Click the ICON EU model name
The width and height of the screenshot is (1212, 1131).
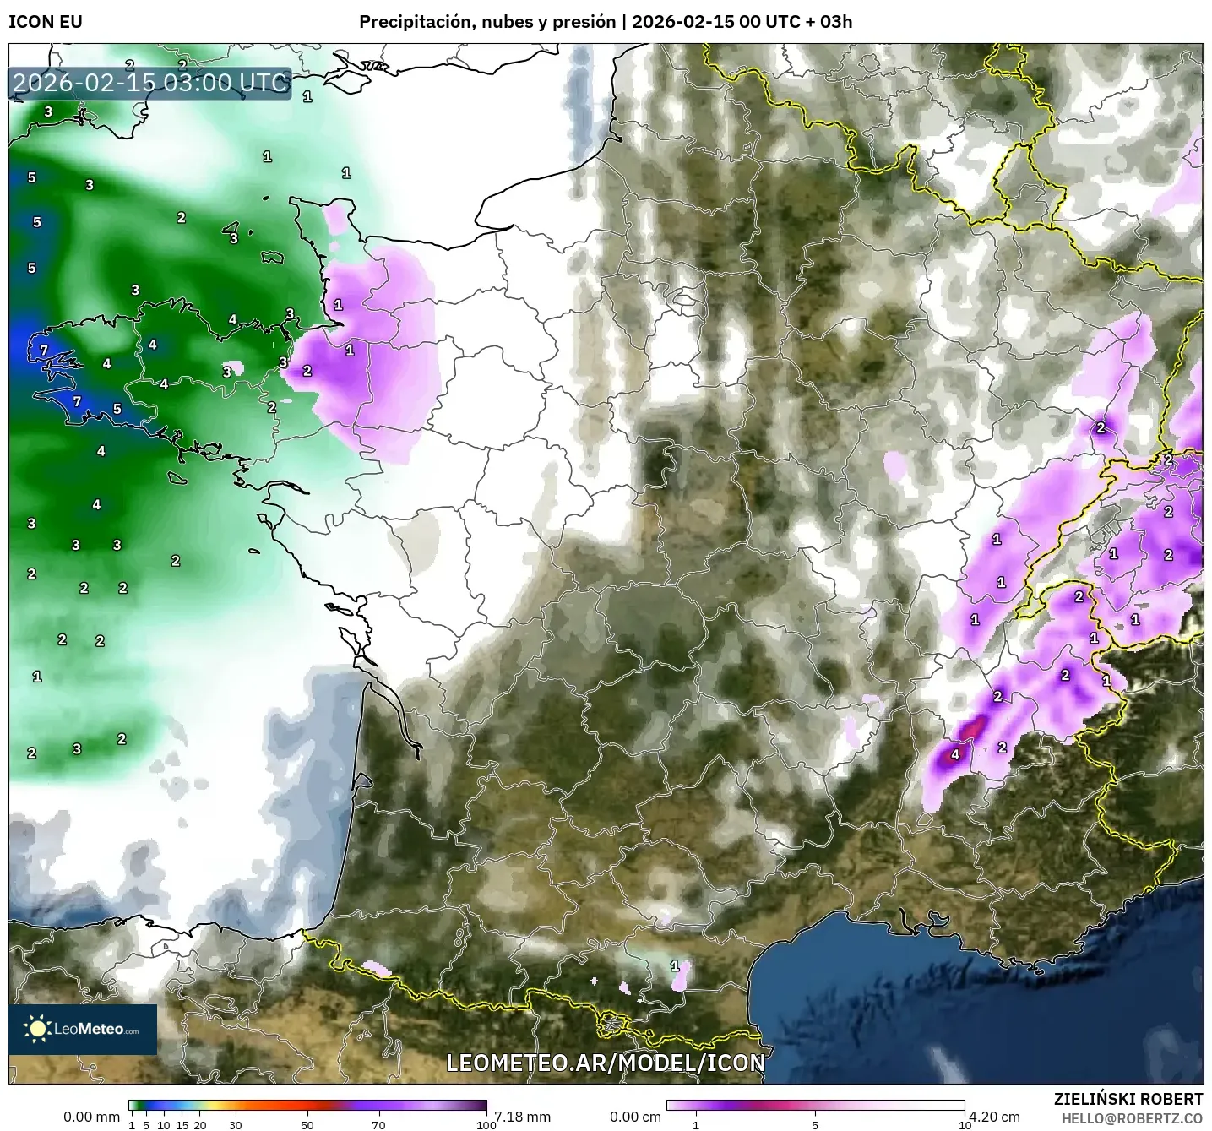click(46, 22)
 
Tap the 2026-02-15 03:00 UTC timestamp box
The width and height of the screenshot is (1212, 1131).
click(150, 83)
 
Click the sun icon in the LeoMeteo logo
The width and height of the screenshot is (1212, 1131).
click(38, 1028)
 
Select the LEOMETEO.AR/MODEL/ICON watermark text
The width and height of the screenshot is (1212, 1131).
click(606, 1063)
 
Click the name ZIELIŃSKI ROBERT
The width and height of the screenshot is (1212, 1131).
click(1128, 1099)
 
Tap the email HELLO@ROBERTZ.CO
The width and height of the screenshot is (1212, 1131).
click(1132, 1117)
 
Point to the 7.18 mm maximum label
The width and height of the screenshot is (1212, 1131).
click(522, 1117)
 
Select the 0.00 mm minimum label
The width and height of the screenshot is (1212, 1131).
click(91, 1117)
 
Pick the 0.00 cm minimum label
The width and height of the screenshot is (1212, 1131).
click(635, 1117)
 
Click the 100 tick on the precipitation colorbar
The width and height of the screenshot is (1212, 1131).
click(486, 1124)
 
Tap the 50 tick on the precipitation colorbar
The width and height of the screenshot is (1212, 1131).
click(307, 1124)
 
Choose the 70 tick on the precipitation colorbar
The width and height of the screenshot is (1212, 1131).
click(379, 1124)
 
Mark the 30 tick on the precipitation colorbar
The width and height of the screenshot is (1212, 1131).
click(236, 1124)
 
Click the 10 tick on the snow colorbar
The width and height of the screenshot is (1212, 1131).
click(965, 1124)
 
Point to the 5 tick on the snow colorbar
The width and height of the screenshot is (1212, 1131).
click(815, 1124)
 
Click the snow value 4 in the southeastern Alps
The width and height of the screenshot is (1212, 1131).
click(955, 754)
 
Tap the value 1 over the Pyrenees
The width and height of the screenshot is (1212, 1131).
click(674, 965)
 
